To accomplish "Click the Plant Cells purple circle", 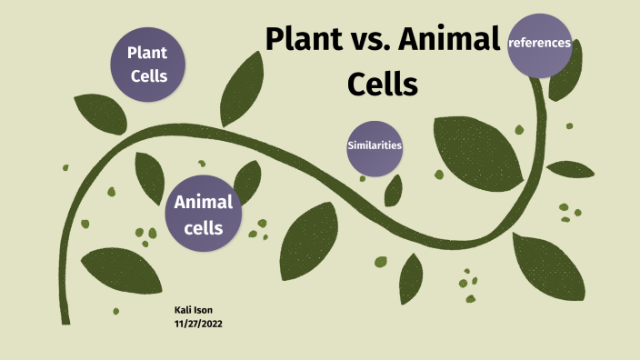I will coord(147,65).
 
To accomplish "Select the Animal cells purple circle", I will coord(203,214).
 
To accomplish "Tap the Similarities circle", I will coord(375,145).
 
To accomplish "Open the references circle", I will coord(540,45).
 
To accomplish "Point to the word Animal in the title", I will coord(451,41).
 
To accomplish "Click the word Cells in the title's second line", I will coord(382,85).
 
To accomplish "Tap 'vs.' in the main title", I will coord(374,42).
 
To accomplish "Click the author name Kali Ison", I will coord(195,310).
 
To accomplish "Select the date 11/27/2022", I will coord(198,323).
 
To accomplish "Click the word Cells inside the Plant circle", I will coord(149,75).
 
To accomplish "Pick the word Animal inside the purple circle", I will coord(204,201).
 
